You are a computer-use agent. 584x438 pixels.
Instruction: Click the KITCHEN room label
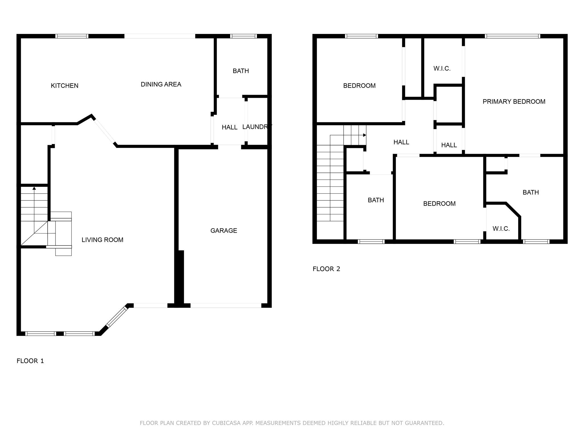point(64,86)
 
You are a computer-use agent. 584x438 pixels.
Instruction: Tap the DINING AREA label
point(161,84)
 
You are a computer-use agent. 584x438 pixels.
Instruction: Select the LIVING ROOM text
point(102,240)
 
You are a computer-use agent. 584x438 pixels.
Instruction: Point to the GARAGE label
point(224,230)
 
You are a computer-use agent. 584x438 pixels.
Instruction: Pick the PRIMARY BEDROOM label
point(514,102)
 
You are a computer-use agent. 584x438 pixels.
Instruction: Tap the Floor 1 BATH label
point(241,71)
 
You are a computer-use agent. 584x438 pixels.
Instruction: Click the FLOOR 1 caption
point(30,361)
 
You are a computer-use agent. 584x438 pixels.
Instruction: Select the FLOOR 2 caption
point(327,269)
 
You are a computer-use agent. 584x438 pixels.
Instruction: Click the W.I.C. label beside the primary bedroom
point(442,68)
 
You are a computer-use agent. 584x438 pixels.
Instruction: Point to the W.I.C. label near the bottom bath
point(501,229)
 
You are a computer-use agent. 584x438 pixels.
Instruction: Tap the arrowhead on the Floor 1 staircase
point(34,188)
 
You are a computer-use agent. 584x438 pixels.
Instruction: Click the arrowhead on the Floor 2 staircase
point(364,135)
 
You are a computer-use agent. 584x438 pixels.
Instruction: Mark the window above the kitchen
point(72,36)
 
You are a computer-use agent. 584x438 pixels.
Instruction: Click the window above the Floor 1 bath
point(244,36)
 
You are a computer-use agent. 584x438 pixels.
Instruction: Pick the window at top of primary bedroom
point(512,36)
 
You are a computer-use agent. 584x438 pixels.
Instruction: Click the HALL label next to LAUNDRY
point(230,127)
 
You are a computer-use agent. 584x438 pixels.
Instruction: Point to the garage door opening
point(226,305)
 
